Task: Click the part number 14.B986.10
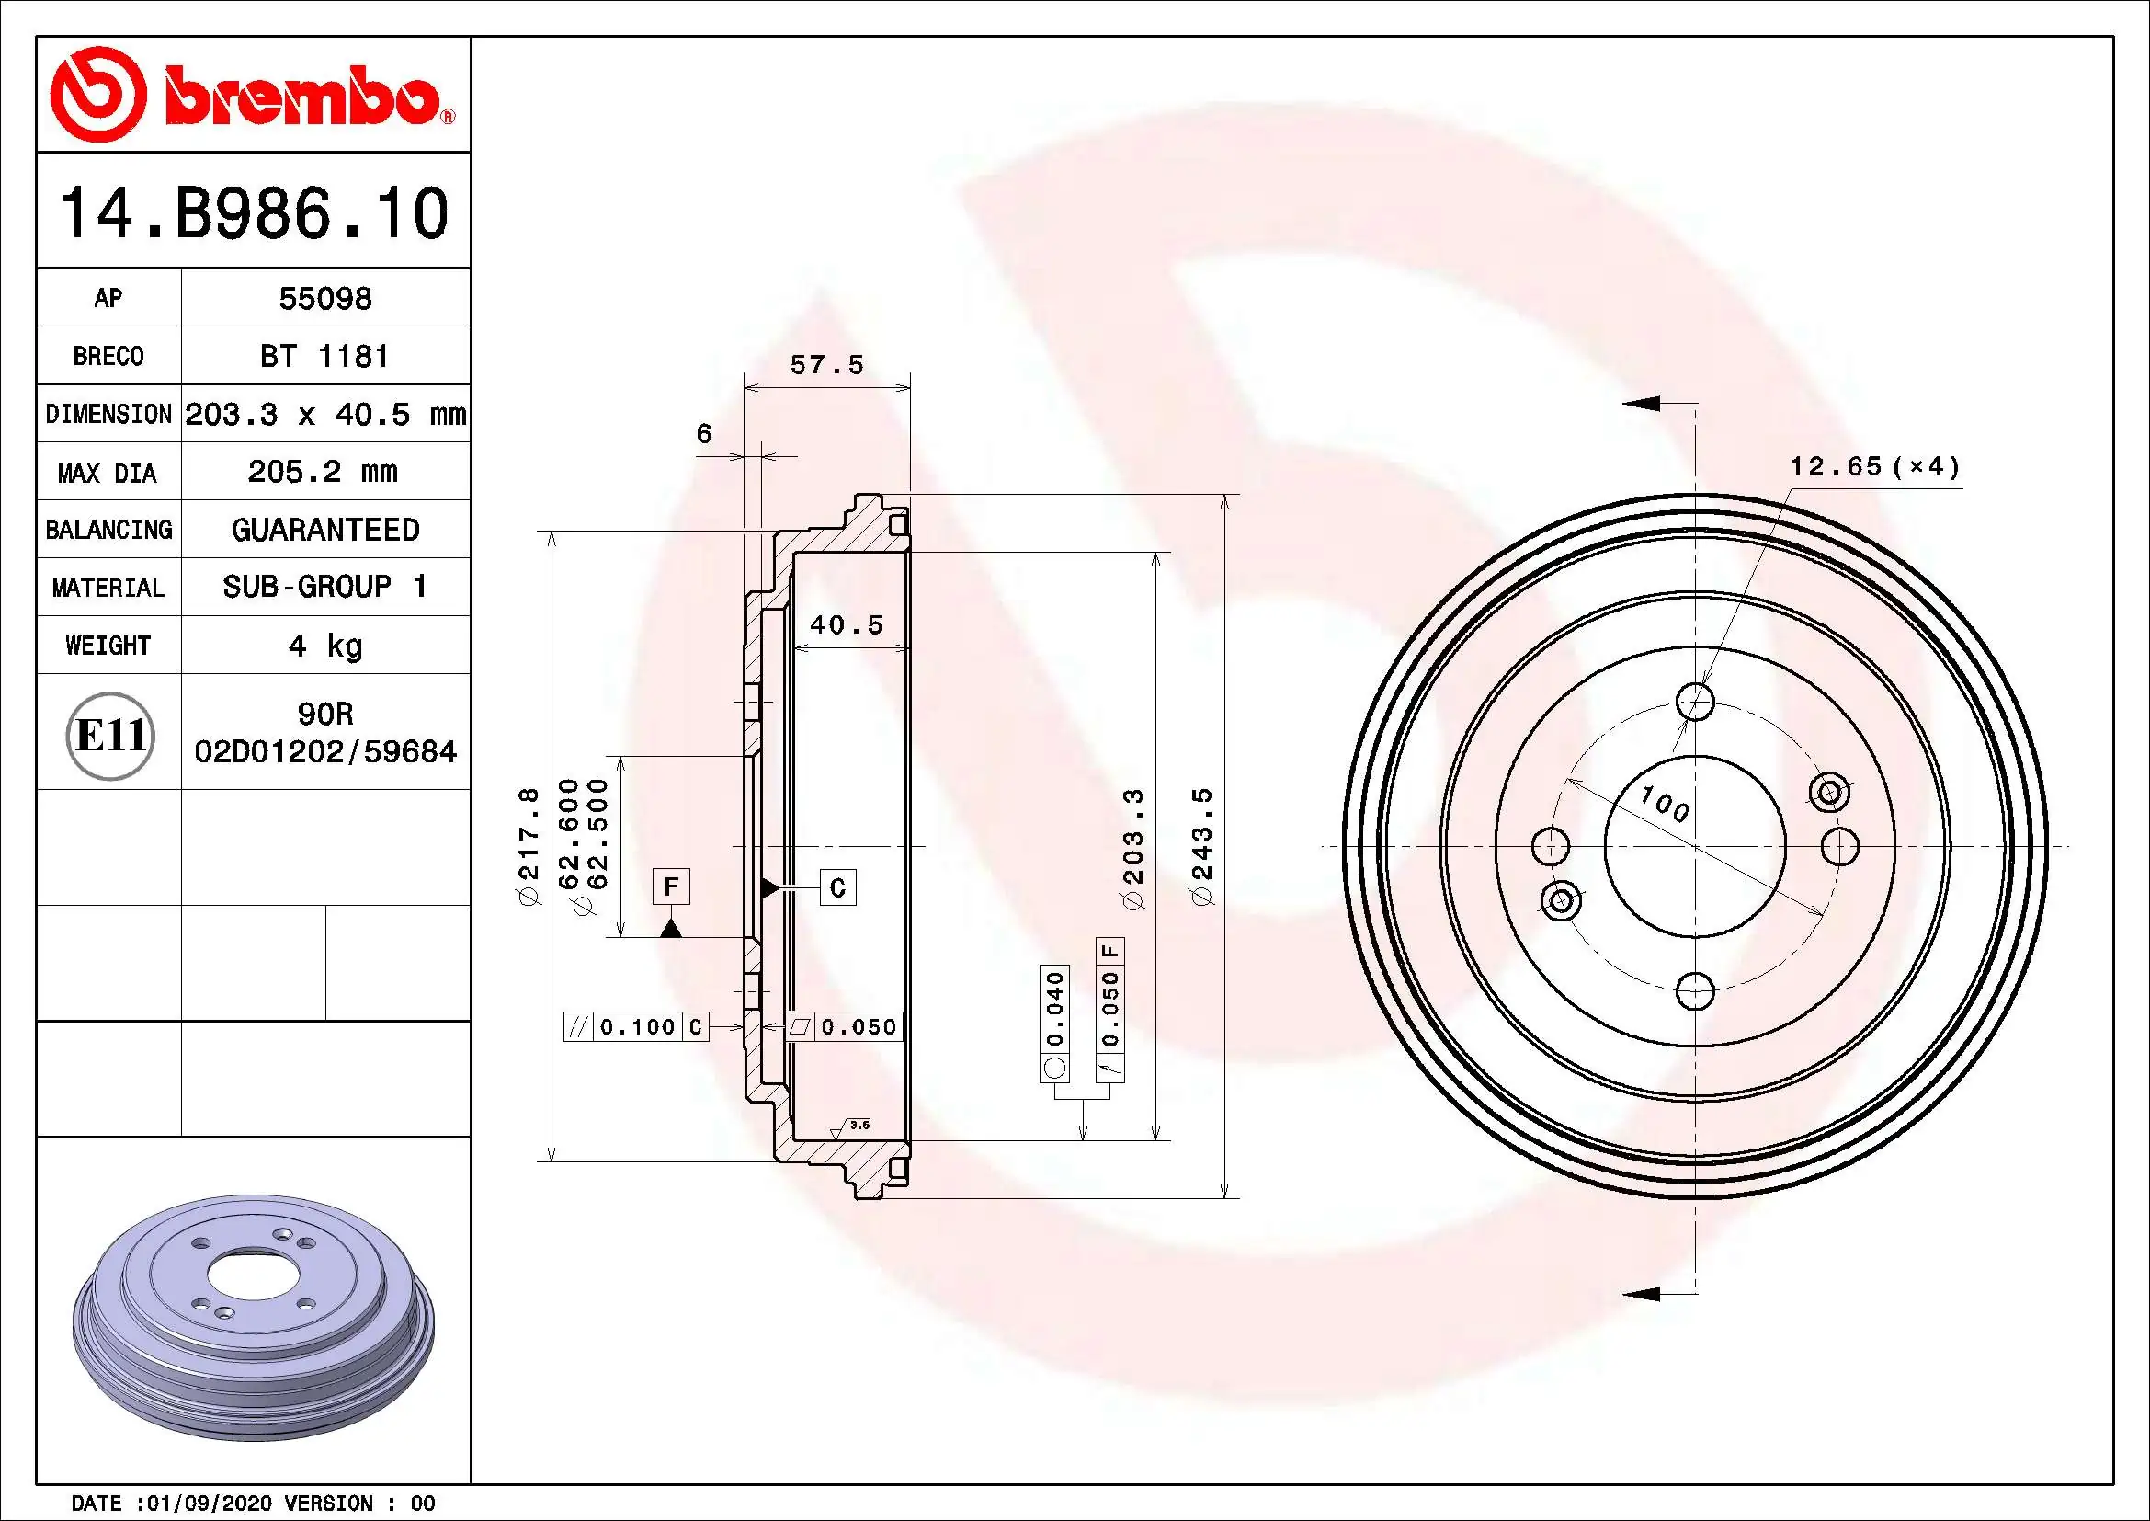(254, 213)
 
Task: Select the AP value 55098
(324, 299)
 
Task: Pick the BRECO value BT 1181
(324, 357)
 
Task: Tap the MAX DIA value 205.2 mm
(323, 472)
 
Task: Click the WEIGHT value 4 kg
(324, 646)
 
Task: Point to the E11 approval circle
(110, 736)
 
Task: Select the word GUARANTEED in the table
(324, 530)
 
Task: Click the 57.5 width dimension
(827, 365)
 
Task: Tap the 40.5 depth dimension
(847, 625)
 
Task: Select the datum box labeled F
(670, 886)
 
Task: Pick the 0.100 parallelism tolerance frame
(636, 1027)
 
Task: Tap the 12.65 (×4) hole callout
(1874, 466)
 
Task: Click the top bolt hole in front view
(1695, 701)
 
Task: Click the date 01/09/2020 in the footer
(204, 1504)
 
